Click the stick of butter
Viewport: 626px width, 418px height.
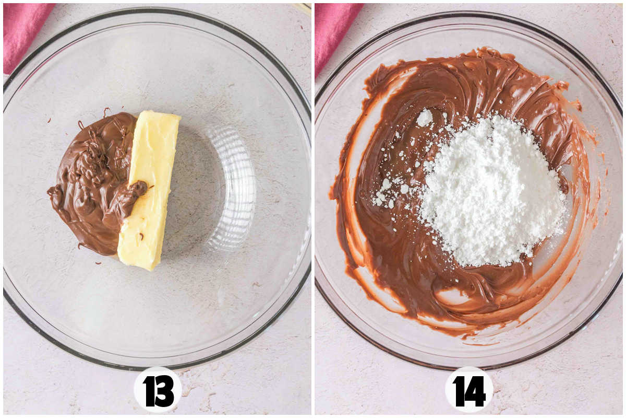pyautogui.click(x=148, y=190)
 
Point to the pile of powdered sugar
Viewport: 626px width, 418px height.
pyautogui.click(x=492, y=190)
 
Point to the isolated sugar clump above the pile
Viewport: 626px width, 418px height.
pyautogui.click(x=425, y=118)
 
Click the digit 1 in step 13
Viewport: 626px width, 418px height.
pyautogui.click(x=148, y=391)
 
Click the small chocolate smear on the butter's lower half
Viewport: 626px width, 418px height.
pyautogui.click(x=141, y=237)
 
